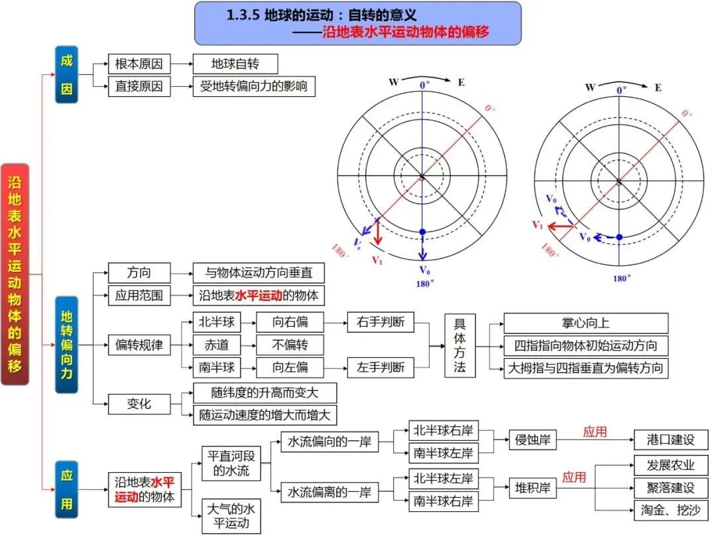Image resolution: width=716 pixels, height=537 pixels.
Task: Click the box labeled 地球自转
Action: point(235,64)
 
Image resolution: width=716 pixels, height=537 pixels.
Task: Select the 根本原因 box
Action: point(139,64)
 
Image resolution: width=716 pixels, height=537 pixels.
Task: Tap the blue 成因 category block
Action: point(66,75)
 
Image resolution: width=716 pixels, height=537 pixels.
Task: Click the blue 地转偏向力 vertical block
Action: point(66,344)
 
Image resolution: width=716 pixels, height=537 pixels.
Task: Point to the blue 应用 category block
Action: point(66,489)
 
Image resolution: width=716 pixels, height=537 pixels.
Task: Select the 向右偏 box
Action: point(290,323)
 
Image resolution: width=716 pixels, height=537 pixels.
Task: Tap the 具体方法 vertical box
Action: point(460,345)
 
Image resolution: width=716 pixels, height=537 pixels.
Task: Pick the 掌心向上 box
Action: point(585,323)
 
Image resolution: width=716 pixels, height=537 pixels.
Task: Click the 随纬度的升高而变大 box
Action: point(265,393)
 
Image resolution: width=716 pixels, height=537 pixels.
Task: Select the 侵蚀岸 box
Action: point(533,439)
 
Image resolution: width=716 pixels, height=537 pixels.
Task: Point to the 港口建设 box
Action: point(671,439)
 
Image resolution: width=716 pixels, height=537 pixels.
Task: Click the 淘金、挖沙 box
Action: point(671,510)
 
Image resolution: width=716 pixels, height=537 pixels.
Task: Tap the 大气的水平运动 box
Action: point(231,516)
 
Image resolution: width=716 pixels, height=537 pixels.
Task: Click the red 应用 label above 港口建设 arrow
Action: point(595,432)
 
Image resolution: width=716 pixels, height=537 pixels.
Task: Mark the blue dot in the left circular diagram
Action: point(422,232)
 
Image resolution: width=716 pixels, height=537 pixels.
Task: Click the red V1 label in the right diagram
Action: point(538,225)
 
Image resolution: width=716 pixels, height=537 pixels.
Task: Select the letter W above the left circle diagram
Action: point(394,82)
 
